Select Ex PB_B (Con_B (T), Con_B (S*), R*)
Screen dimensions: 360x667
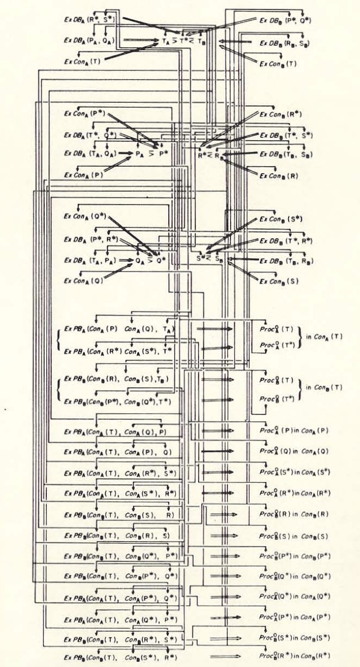pyautogui.click(x=120, y=657)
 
